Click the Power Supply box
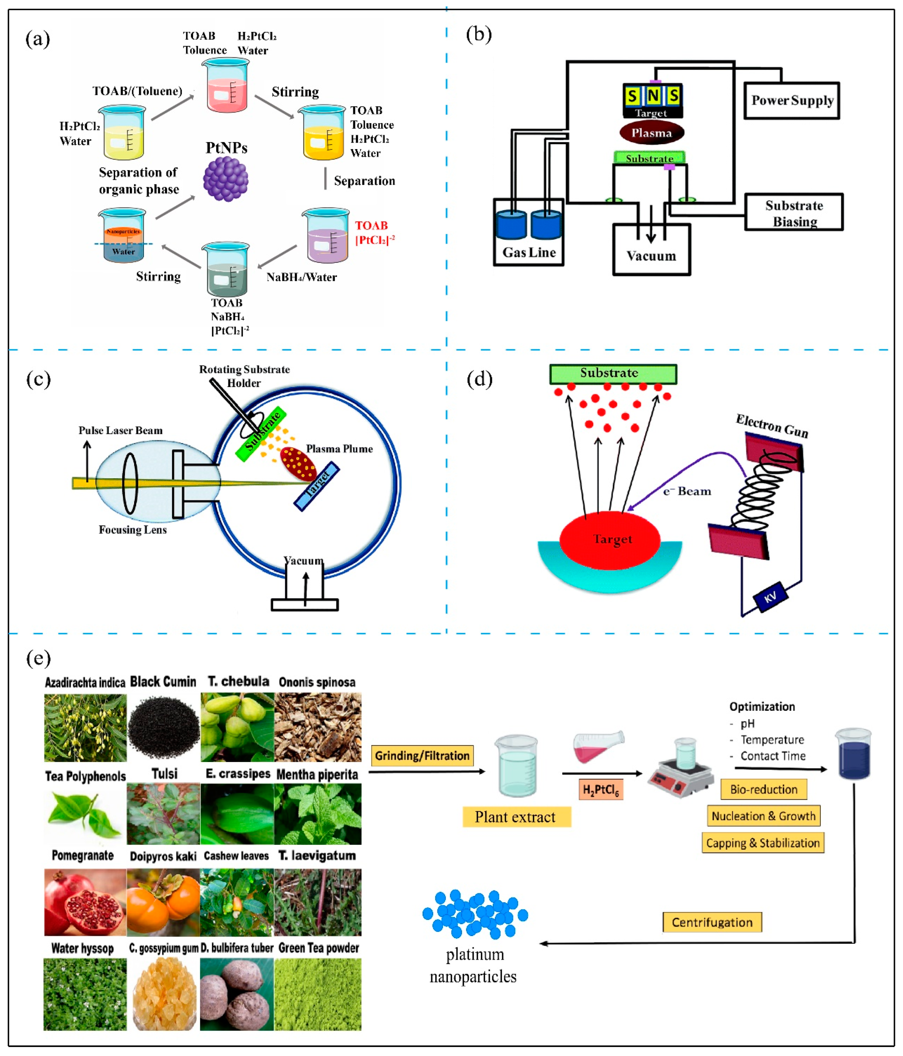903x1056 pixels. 791,101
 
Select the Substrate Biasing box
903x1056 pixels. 794,212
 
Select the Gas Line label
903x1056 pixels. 529,252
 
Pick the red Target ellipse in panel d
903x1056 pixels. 610,540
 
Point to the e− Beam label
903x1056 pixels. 687,491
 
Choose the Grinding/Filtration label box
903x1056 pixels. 422,755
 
